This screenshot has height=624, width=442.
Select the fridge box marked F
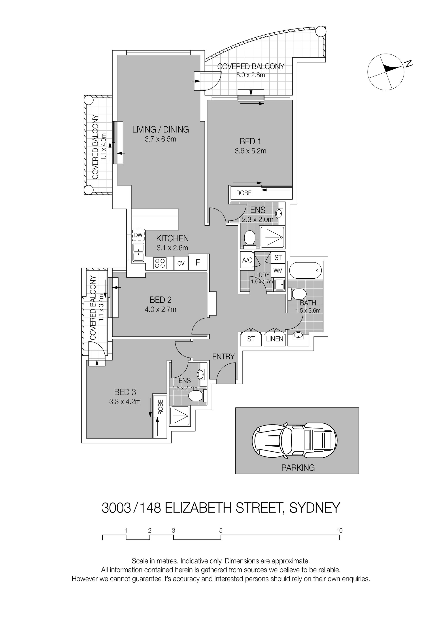pyautogui.click(x=198, y=262)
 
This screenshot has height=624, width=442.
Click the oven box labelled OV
pyautogui.click(x=181, y=263)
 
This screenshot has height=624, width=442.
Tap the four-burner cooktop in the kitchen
pyautogui.click(x=160, y=263)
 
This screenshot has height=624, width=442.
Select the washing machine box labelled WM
pyautogui.click(x=278, y=270)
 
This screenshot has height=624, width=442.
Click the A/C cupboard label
pyautogui.click(x=247, y=260)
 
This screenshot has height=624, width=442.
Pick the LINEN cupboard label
pyautogui.click(x=275, y=339)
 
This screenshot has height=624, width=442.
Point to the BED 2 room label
pyautogui.click(x=161, y=300)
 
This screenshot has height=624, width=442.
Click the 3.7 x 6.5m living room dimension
pyautogui.click(x=161, y=139)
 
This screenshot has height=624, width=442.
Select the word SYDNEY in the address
pyautogui.click(x=315, y=507)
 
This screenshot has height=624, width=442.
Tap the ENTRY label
pyautogui.click(x=223, y=357)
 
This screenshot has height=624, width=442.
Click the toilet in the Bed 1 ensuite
pyautogui.click(x=249, y=239)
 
